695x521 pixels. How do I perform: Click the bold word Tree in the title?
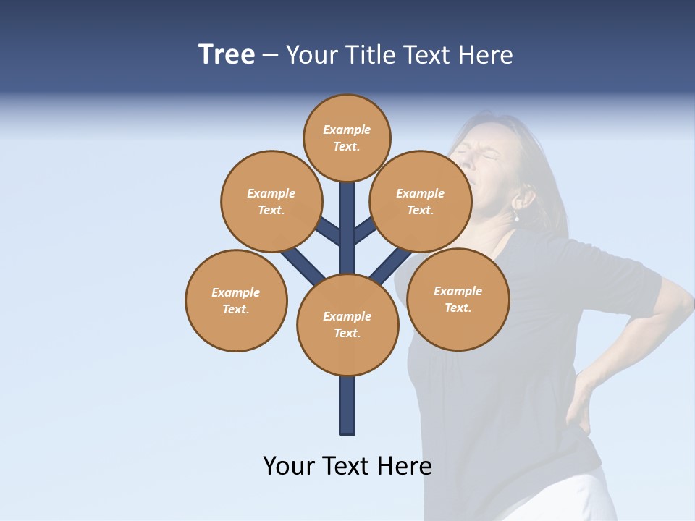tap(227, 55)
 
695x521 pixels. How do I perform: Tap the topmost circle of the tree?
tap(347, 137)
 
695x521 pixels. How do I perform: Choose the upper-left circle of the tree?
tap(271, 201)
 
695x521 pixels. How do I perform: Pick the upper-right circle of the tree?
tap(420, 201)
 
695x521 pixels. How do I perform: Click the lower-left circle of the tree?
tap(236, 300)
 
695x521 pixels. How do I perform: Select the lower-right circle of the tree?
tap(458, 299)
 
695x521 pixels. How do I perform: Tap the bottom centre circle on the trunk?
tap(347, 324)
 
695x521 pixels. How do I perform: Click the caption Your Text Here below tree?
tap(347, 466)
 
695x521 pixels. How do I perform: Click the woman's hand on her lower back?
tap(579, 405)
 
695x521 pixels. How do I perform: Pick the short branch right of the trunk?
tap(366, 230)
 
